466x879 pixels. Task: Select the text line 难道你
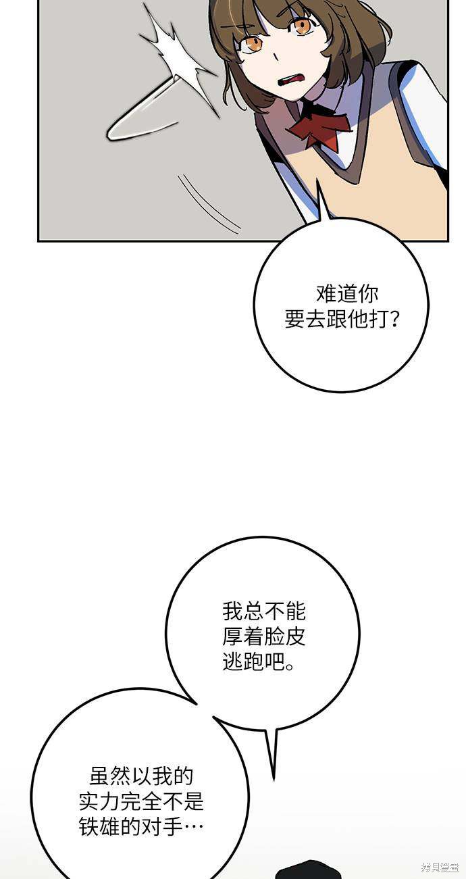(x=346, y=295)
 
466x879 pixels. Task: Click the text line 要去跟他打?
(x=342, y=319)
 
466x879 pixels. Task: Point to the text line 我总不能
(x=263, y=611)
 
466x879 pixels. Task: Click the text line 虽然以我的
(x=141, y=777)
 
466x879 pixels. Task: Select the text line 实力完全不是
(x=141, y=801)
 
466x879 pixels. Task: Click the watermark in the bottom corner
(x=440, y=867)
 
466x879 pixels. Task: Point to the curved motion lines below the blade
(x=208, y=204)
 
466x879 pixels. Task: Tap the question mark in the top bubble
(x=394, y=320)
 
